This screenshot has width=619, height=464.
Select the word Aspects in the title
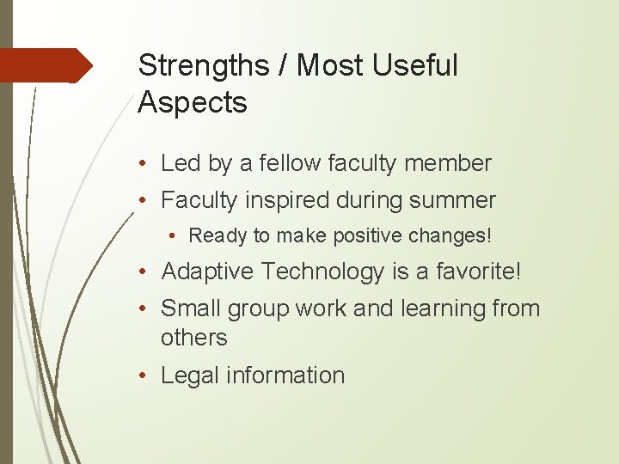click(x=193, y=103)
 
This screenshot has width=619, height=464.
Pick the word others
click(x=194, y=338)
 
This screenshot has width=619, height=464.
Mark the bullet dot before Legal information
click(x=150, y=376)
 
